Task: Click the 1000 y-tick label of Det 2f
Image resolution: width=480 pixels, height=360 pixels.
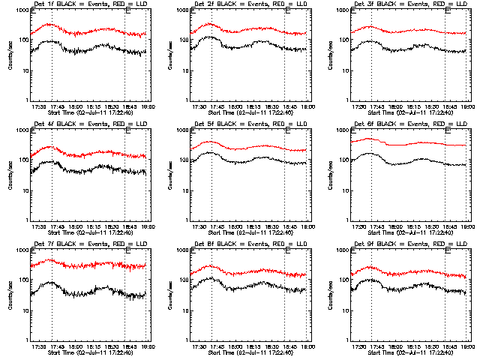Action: [180, 11]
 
